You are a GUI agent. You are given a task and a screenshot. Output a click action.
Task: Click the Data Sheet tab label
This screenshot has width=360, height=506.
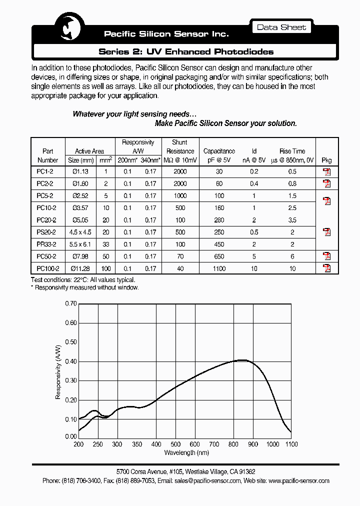281,27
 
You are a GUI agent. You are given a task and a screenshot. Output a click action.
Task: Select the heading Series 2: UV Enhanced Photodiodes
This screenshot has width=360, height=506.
186,51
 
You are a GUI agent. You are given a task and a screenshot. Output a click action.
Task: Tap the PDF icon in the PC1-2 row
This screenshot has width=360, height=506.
326,172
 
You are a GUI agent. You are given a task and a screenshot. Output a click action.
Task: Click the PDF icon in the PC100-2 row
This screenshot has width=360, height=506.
326,268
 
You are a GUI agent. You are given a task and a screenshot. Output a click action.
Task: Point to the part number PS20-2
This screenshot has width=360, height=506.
46,232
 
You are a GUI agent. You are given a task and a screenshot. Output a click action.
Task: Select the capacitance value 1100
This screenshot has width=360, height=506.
219,269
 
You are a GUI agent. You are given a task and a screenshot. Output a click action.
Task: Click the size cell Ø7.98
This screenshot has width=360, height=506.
80,256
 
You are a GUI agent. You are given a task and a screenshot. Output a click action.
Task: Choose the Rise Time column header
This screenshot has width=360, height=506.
292,151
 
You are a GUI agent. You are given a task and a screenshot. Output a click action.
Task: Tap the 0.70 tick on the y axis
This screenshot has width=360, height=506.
71,303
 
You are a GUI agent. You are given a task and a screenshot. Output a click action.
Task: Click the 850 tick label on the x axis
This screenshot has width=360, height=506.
243,444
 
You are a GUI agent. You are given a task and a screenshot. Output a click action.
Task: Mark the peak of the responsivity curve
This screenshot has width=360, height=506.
242,360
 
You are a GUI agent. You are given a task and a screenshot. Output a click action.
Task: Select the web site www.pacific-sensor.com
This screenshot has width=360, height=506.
298,480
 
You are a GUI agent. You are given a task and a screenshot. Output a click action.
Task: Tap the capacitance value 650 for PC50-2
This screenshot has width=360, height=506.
219,256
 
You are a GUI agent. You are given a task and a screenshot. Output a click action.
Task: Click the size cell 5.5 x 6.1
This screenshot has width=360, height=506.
80,244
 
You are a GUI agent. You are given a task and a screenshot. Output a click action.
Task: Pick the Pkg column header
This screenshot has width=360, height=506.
326,160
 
